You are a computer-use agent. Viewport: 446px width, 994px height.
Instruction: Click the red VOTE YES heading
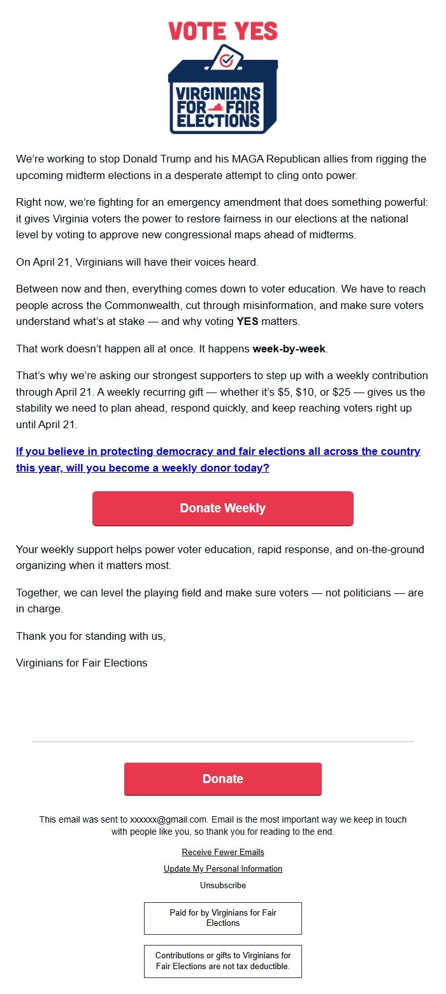click(223, 31)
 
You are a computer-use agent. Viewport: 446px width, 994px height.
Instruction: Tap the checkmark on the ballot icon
click(226, 60)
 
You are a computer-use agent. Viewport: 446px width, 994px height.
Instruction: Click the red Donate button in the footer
click(223, 779)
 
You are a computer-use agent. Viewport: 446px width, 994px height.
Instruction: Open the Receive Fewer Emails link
click(223, 852)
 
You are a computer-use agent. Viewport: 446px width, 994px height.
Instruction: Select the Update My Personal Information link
click(223, 868)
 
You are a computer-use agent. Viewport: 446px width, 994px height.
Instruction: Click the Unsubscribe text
click(223, 885)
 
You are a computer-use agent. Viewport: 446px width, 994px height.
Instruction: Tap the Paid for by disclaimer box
click(223, 918)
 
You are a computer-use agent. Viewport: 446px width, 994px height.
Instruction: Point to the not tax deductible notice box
click(223, 961)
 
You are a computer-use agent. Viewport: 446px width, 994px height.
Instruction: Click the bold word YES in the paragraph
click(247, 321)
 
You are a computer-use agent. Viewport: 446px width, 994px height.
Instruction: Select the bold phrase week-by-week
click(289, 349)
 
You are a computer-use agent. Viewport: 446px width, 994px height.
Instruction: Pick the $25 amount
click(342, 392)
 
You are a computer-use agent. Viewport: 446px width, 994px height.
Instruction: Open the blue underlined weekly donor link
click(218, 459)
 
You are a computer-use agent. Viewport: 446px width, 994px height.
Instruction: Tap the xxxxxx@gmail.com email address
click(169, 819)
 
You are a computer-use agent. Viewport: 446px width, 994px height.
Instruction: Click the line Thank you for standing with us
click(90, 636)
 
